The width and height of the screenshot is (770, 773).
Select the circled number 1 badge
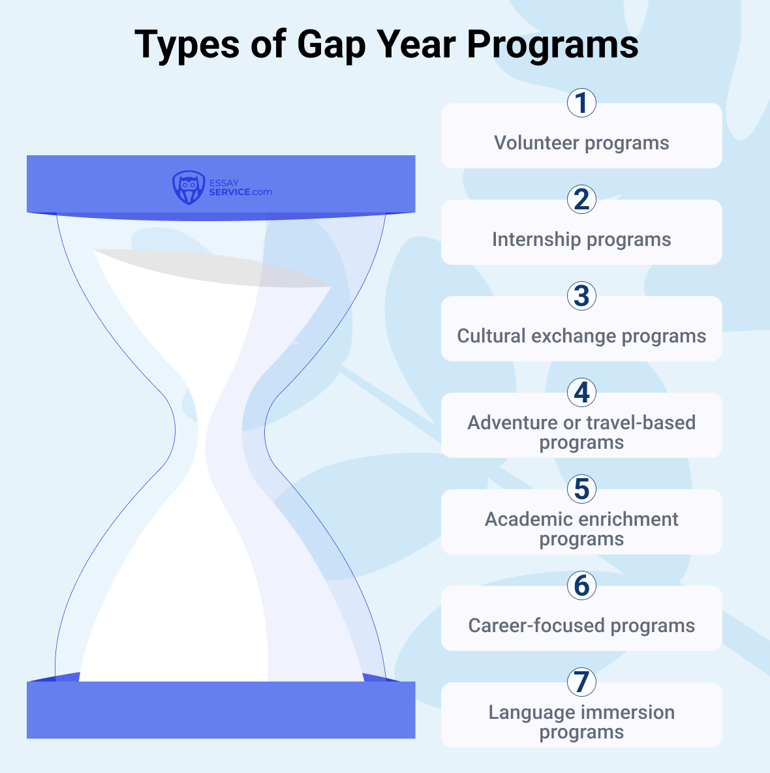(x=581, y=103)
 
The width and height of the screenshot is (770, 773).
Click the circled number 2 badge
(x=581, y=200)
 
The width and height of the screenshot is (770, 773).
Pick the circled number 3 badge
(x=581, y=296)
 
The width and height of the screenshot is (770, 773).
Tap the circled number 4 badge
(x=581, y=393)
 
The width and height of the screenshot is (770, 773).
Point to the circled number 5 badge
(x=581, y=489)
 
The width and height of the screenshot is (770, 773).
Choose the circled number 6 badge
(x=581, y=586)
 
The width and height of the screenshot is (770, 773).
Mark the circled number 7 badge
(x=581, y=682)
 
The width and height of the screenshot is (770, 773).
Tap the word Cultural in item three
(x=491, y=336)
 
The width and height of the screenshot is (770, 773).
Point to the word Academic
(x=527, y=519)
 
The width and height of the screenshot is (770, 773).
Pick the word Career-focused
(x=536, y=626)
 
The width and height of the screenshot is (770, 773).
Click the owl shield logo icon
(x=188, y=188)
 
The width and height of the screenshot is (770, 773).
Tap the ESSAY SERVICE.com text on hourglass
(x=239, y=188)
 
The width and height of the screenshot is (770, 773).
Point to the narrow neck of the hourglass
(x=221, y=431)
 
